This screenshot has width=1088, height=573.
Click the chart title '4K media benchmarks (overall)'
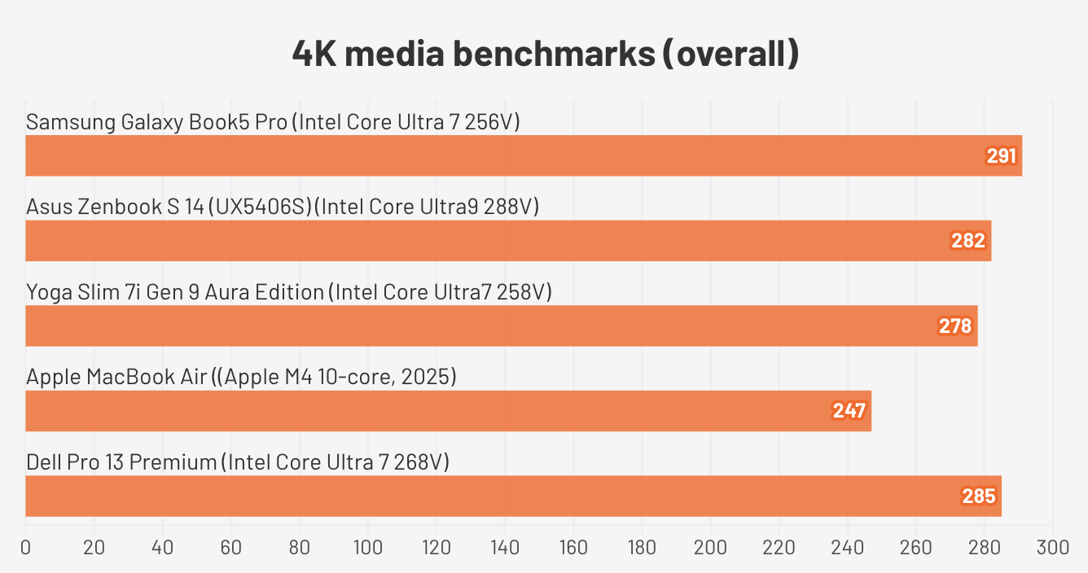(x=545, y=55)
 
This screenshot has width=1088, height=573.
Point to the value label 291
(x=1002, y=155)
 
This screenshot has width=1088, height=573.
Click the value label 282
(x=968, y=241)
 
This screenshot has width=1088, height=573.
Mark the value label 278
(x=955, y=326)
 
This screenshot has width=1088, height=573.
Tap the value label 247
(x=849, y=411)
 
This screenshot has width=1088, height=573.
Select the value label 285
(x=979, y=496)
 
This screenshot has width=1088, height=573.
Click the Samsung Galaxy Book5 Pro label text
(x=273, y=122)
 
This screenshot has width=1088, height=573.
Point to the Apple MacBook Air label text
(x=241, y=378)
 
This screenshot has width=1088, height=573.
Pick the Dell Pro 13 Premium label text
(x=238, y=462)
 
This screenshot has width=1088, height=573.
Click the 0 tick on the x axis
(x=26, y=548)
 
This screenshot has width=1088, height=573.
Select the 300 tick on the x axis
(x=1053, y=548)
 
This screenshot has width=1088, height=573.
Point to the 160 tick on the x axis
(x=573, y=548)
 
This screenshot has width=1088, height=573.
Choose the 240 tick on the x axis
(x=848, y=548)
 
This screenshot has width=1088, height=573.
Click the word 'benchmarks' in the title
(x=553, y=55)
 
